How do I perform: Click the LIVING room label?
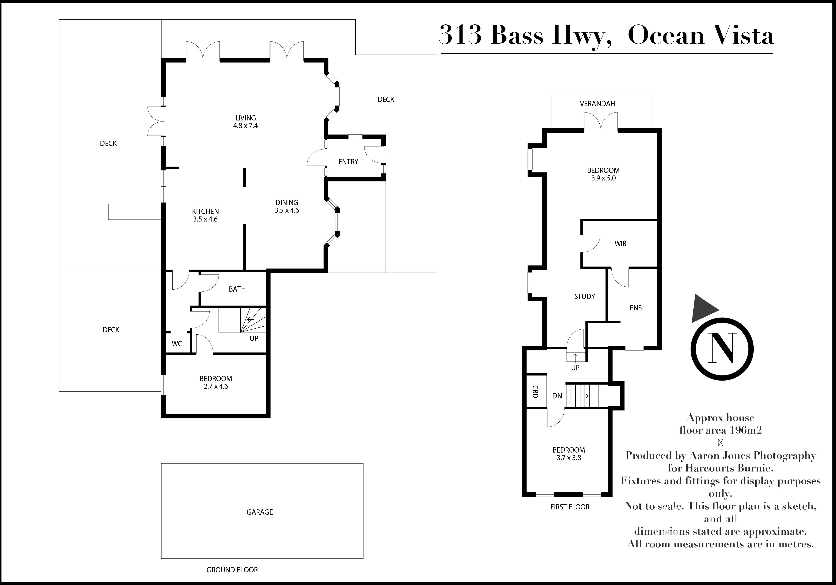[245, 118]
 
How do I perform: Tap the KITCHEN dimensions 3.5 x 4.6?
[205, 219]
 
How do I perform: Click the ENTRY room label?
[348, 162]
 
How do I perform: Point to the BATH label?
[237, 289]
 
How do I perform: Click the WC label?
[177, 344]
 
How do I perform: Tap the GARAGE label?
[260, 512]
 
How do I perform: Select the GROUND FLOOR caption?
[232, 570]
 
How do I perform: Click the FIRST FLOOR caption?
[569, 507]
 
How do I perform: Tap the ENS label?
[635, 308]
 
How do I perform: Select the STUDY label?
[584, 296]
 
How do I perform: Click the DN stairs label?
[557, 396]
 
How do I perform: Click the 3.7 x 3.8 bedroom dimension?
[569, 458]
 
